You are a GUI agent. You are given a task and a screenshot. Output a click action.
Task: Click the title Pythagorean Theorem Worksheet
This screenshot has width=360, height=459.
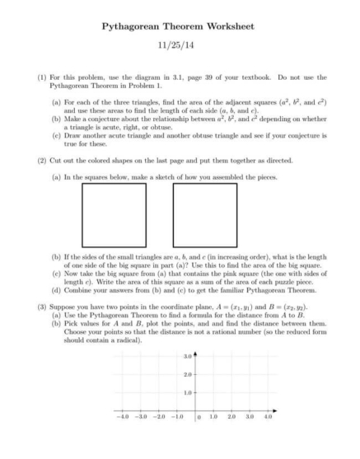(x=180, y=26)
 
